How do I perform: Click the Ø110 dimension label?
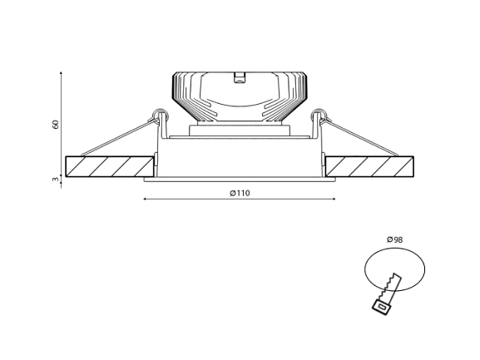point(240,193)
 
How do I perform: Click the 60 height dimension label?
point(56,125)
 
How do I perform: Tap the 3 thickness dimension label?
point(56,180)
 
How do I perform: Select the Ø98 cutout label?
point(394,239)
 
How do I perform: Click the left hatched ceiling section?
point(110,166)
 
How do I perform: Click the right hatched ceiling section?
point(369,166)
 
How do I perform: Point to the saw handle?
point(382,307)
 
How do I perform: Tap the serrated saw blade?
point(390,287)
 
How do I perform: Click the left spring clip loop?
point(161,113)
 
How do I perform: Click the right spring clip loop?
point(319,113)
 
